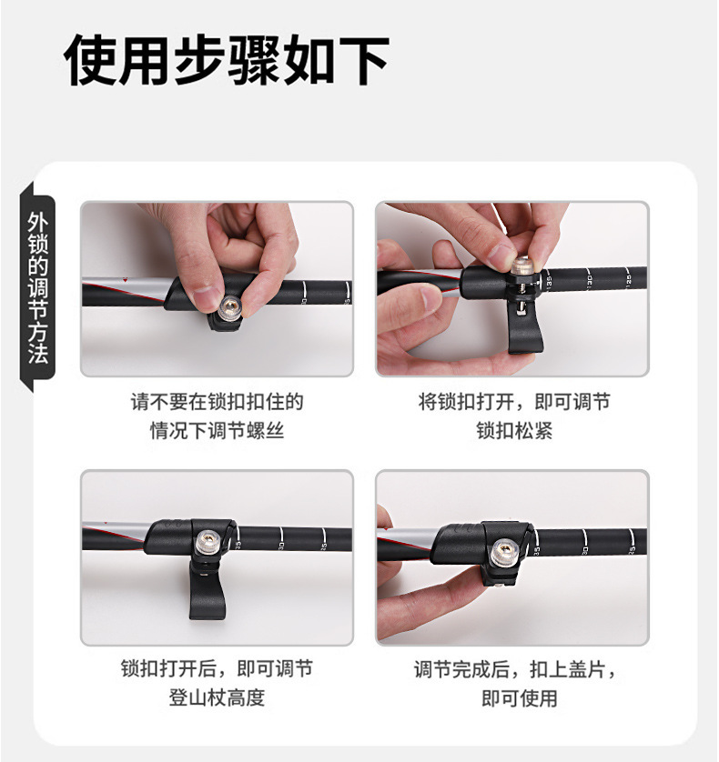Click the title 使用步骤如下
(x=228, y=61)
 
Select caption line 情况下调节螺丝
(x=217, y=431)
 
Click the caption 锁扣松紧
(x=513, y=431)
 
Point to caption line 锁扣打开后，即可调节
(x=217, y=669)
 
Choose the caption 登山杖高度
(x=217, y=698)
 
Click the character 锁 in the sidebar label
(x=37, y=243)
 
